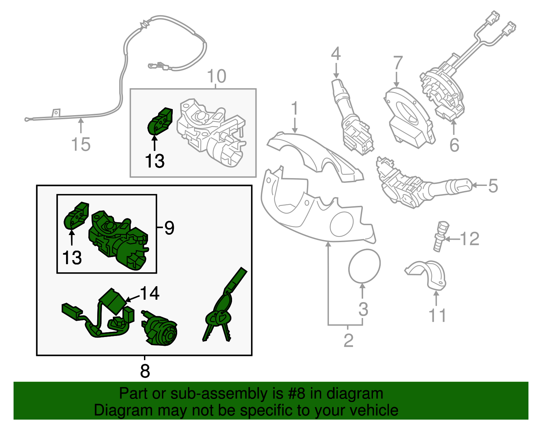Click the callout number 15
tap(81, 144)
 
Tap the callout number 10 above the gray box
tap(216, 76)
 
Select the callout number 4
tap(336, 54)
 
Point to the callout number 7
tap(398, 63)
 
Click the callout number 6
tap(454, 145)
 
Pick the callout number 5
tap(493, 186)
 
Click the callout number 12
tap(469, 239)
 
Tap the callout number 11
tap(437, 315)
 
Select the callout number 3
tap(363, 309)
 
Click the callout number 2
tap(348, 340)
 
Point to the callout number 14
tap(149, 293)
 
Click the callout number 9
tap(169, 228)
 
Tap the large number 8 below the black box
tap(145, 371)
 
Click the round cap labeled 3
tap(364, 266)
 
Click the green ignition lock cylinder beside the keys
tap(159, 327)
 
